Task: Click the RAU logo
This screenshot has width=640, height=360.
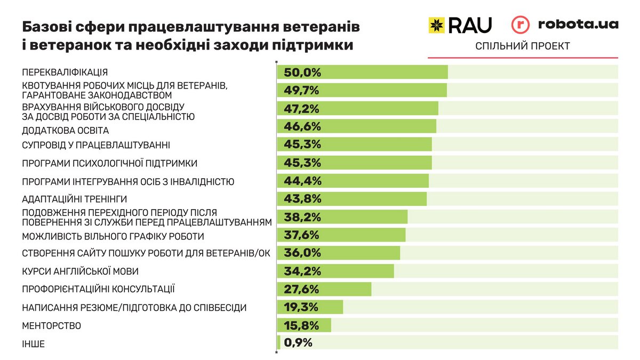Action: (460, 25)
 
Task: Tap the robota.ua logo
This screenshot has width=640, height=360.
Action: (565, 25)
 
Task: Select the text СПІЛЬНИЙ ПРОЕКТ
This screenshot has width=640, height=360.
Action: (522, 46)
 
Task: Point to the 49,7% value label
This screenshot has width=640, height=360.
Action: (302, 91)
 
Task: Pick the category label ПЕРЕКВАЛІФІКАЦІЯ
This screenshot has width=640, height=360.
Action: (65, 73)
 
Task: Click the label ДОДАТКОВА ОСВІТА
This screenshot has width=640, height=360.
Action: (65, 130)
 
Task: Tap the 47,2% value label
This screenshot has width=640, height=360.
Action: (302, 109)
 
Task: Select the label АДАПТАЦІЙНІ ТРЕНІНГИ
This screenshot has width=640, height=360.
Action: (74, 199)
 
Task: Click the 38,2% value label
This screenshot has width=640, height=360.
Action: (302, 217)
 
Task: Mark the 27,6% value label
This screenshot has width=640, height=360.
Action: (302, 290)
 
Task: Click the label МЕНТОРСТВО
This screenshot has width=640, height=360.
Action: (51, 325)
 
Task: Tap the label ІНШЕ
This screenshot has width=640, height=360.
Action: (33, 344)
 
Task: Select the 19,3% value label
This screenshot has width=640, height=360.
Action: (302, 307)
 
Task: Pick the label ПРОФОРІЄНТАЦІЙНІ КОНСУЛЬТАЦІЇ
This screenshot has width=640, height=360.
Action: (99, 290)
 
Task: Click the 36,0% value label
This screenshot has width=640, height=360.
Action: (302, 253)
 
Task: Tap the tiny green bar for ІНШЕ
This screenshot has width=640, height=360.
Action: (278, 343)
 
